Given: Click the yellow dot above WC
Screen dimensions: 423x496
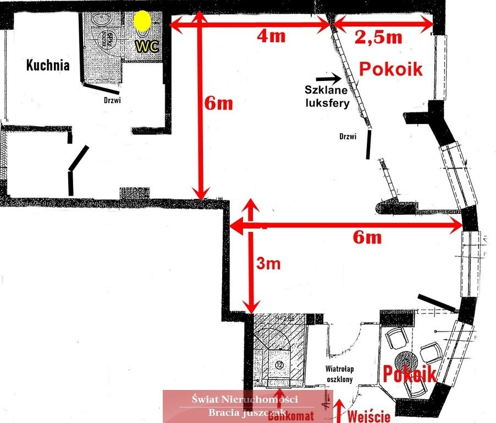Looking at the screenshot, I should (142, 21).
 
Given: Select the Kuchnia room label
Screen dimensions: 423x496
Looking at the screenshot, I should (48, 66).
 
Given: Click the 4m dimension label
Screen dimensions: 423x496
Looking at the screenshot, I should (272, 36).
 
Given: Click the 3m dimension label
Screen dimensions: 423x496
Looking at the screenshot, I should (269, 264).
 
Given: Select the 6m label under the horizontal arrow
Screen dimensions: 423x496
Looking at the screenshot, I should (367, 237).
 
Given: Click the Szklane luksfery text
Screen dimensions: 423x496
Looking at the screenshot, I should (328, 96).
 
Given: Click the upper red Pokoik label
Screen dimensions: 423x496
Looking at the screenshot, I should (391, 69).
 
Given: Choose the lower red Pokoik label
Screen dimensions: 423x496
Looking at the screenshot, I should (410, 374).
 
